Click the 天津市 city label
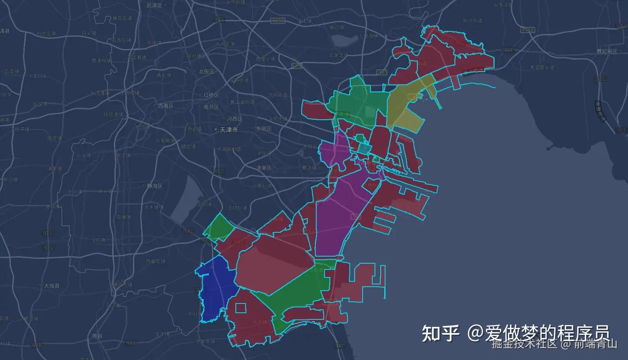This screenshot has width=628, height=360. (228, 130)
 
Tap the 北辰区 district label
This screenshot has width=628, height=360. (206, 72)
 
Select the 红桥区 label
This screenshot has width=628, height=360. (211, 95)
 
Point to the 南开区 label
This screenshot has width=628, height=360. (211, 107)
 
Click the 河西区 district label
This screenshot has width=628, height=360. (235, 119)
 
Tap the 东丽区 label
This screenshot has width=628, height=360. (264, 129)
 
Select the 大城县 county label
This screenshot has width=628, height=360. (51, 286)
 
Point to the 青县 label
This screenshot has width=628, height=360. (97, 336)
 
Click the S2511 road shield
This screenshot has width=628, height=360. (527, 30)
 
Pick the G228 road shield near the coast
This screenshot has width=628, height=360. (508, 50)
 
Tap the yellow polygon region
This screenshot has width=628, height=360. (404, 106)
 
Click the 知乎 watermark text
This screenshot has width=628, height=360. (440, 333)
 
